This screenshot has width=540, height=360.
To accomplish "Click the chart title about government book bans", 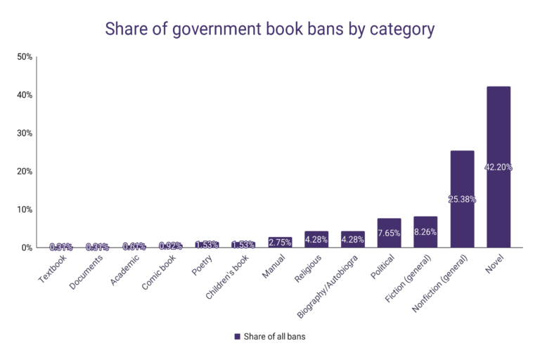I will coord(270,30).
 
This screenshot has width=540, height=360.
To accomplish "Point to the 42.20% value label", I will coord(499,167).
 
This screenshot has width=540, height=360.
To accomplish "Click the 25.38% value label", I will coord(462,199).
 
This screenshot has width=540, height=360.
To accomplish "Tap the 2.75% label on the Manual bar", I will coord(280,243).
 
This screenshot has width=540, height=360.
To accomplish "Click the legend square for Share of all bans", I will coord(237,337).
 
